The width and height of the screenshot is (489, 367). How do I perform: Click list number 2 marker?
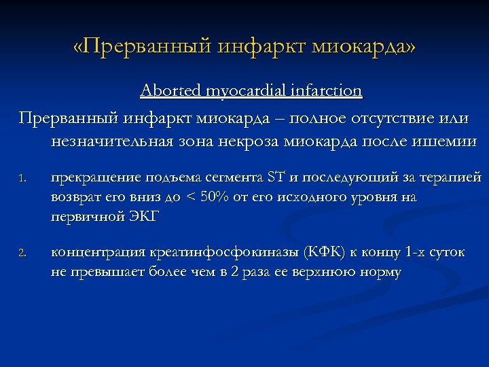click(22, 254)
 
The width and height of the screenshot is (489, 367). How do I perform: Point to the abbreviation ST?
click(276, 178)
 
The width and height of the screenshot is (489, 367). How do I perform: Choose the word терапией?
click(448, 178)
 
